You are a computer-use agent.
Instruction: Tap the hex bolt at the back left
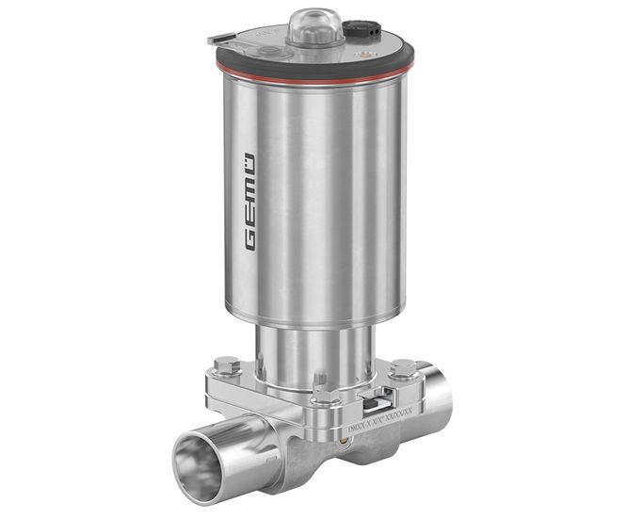tap(226, 365)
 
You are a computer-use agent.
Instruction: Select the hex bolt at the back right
tap(403, 367)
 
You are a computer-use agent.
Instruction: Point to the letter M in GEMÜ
tap(249, 184)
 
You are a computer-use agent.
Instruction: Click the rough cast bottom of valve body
tap(311, 462)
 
